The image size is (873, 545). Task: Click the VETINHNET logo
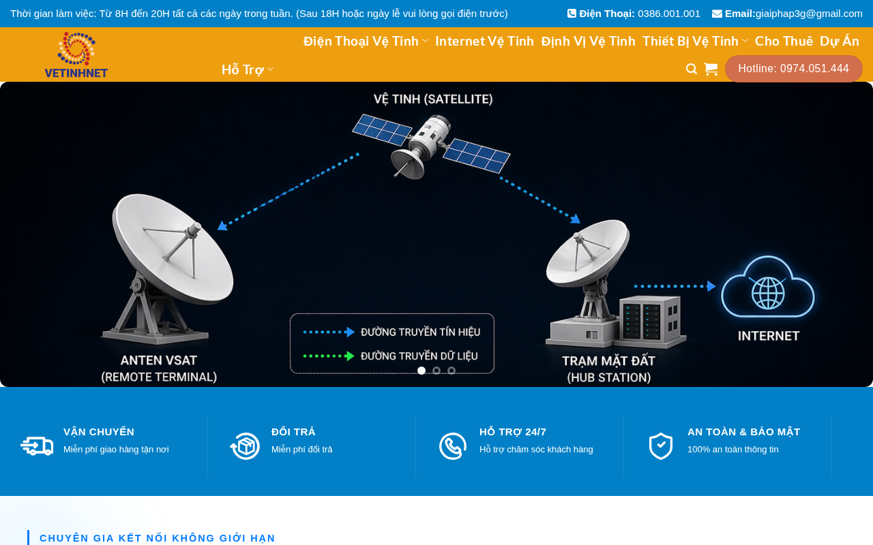(x=76, y=54)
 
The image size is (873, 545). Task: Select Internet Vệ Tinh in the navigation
(x=484, y=42)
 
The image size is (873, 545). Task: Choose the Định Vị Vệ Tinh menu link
(x=588, y=42)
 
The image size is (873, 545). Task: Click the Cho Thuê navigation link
(x=784, y=42)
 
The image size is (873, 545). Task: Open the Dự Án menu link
(x=840, y=42)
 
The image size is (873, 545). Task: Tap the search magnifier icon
(x=692, y=69)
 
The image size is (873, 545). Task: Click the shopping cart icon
(x=711, y=69)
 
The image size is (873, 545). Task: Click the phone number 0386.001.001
(x=669, y=14)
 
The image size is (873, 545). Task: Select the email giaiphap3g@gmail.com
(x=809, y=14)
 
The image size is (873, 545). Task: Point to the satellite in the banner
(x=430, y=146)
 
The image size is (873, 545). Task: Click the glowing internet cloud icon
(x=768, y=287)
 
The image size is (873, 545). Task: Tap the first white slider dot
(x=421, y=371)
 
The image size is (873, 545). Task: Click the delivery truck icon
(x=37, y=446)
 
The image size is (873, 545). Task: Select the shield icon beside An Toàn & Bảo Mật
(x=661, y=446)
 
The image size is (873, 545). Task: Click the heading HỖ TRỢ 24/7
(x=512, y=432)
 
